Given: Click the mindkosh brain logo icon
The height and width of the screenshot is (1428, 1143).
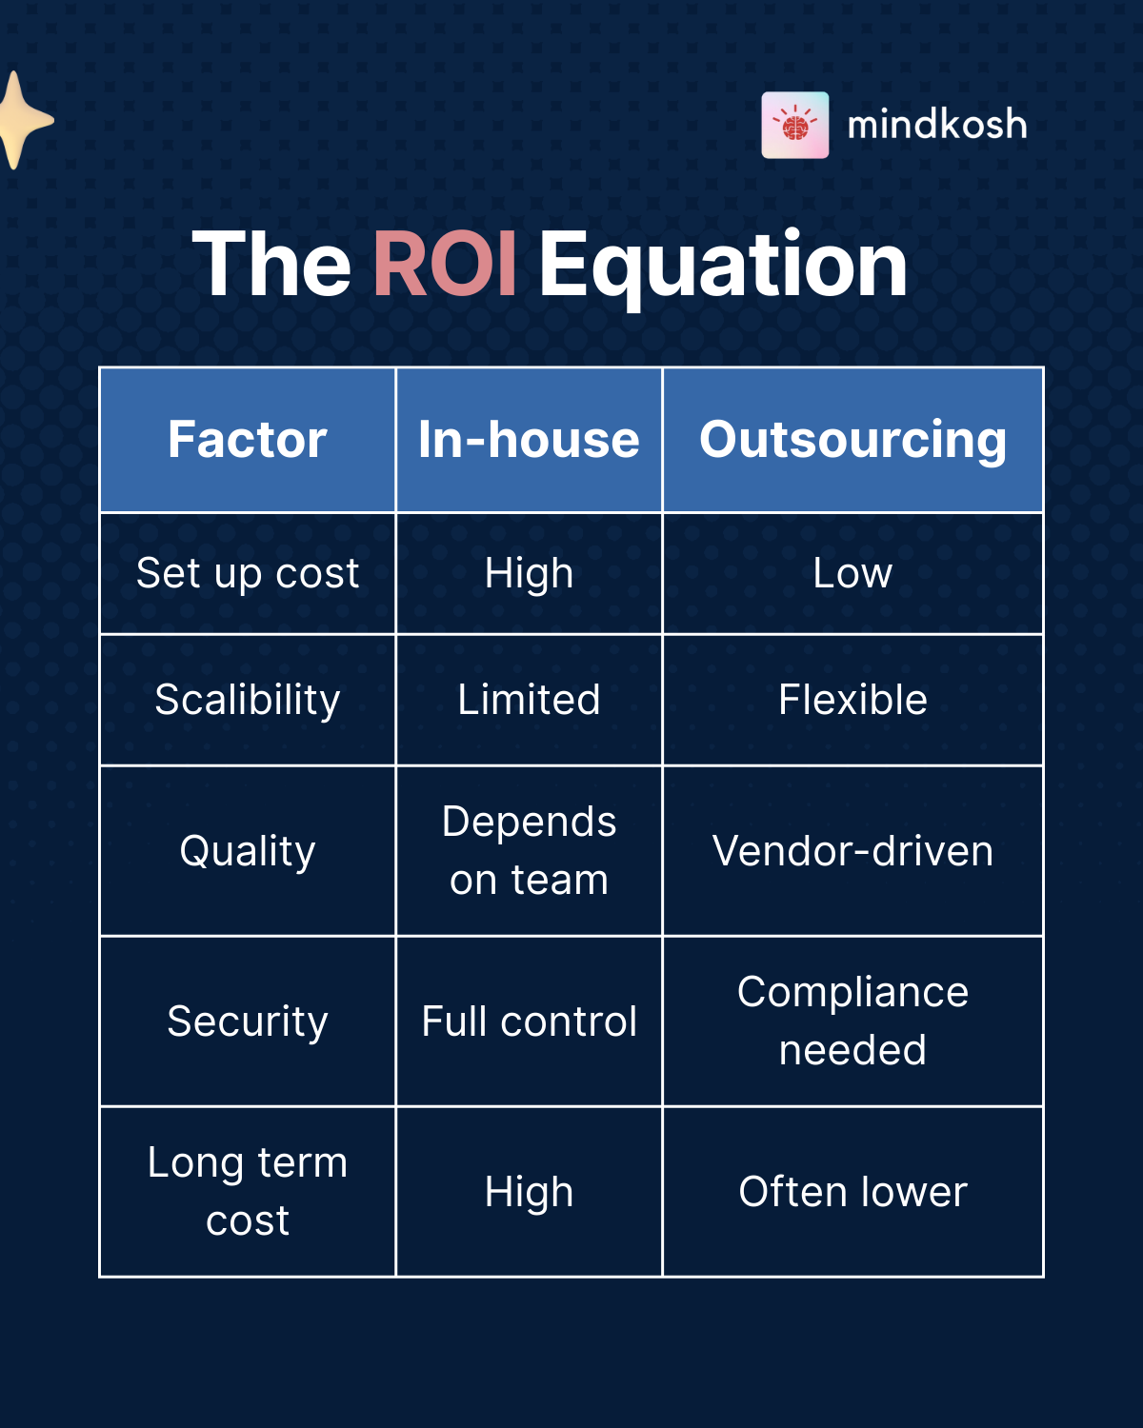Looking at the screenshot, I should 795,125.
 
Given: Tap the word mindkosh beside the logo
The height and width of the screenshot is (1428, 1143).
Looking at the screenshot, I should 937,125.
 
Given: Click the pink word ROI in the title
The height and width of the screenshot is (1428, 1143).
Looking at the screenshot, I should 445,265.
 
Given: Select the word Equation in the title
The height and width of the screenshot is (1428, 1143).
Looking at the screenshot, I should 723,265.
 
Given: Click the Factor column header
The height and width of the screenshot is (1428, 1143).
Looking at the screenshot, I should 248,440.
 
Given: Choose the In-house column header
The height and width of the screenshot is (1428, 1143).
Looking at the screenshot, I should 529,440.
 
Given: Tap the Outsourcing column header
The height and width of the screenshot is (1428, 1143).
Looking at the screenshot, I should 852,440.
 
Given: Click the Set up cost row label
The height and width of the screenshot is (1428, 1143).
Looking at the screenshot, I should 248,573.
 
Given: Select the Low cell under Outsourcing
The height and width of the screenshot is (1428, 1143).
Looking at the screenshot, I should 852,573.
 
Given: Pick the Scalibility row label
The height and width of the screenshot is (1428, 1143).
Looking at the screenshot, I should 248,700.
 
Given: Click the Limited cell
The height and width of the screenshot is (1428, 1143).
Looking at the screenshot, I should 529,700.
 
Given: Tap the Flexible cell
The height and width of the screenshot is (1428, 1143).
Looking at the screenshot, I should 852,700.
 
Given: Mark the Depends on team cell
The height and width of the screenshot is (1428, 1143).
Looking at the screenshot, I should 529,851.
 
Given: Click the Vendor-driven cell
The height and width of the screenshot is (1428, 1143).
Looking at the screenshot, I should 852,851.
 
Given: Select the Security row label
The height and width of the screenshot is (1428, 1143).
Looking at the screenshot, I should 248,1021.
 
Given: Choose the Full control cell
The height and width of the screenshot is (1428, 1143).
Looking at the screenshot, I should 529,1021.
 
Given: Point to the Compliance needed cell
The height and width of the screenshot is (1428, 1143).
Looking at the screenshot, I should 852,1021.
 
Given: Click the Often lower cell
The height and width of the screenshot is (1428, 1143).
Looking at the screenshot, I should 852,1192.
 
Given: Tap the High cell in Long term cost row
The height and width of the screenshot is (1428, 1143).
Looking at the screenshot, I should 529,1192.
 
